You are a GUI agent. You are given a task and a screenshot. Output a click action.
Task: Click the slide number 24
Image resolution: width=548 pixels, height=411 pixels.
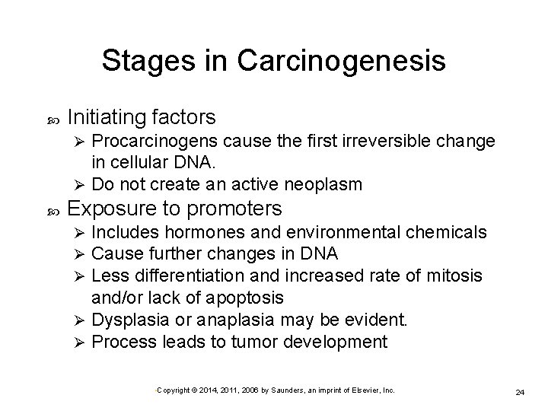520,392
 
